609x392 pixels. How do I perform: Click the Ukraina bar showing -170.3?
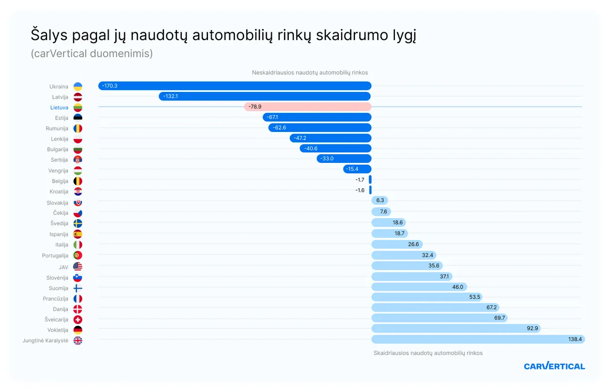(235, 86)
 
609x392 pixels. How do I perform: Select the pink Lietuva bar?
(307, 107)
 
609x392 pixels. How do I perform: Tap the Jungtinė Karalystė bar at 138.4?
(478, 339)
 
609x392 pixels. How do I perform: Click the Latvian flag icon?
(78, 97)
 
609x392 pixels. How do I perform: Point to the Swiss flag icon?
(78, 320)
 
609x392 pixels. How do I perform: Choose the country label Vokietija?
(58, 330)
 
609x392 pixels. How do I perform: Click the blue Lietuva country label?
(59, 108)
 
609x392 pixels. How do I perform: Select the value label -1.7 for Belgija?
(360, 180)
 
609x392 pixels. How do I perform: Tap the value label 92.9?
(532, 329)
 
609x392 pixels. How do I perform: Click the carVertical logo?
(554, 366)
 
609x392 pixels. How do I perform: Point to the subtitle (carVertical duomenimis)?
(92, 53)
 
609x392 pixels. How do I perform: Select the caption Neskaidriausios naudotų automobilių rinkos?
(310, 72)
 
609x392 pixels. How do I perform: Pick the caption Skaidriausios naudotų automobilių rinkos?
(428, 353)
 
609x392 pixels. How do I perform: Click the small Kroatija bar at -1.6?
(370, 190)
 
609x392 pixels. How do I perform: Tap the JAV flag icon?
(78, 267)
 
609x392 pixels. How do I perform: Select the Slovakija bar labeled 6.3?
(380, 201)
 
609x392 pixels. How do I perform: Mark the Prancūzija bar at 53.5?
(426, 297)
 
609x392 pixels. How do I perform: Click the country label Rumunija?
(57, 129)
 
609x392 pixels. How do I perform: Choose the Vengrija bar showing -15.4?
(357, 169)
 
